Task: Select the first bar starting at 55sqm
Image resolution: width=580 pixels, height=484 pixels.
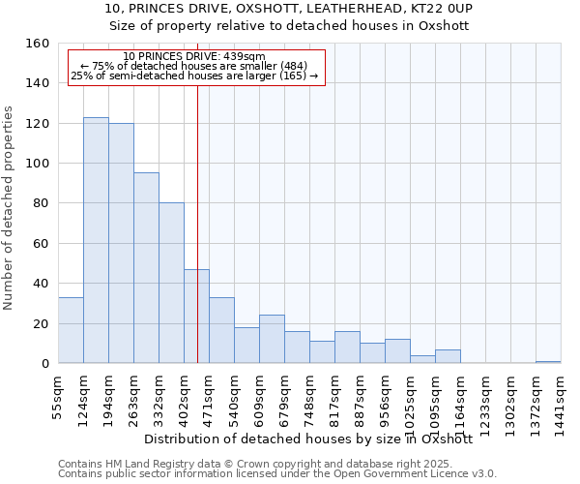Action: point(71,330)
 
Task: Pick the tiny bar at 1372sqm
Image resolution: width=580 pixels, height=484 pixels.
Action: point(548,361)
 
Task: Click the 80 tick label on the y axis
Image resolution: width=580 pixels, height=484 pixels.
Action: point(42,203)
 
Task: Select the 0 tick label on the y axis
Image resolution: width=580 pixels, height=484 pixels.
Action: point(45,363)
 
